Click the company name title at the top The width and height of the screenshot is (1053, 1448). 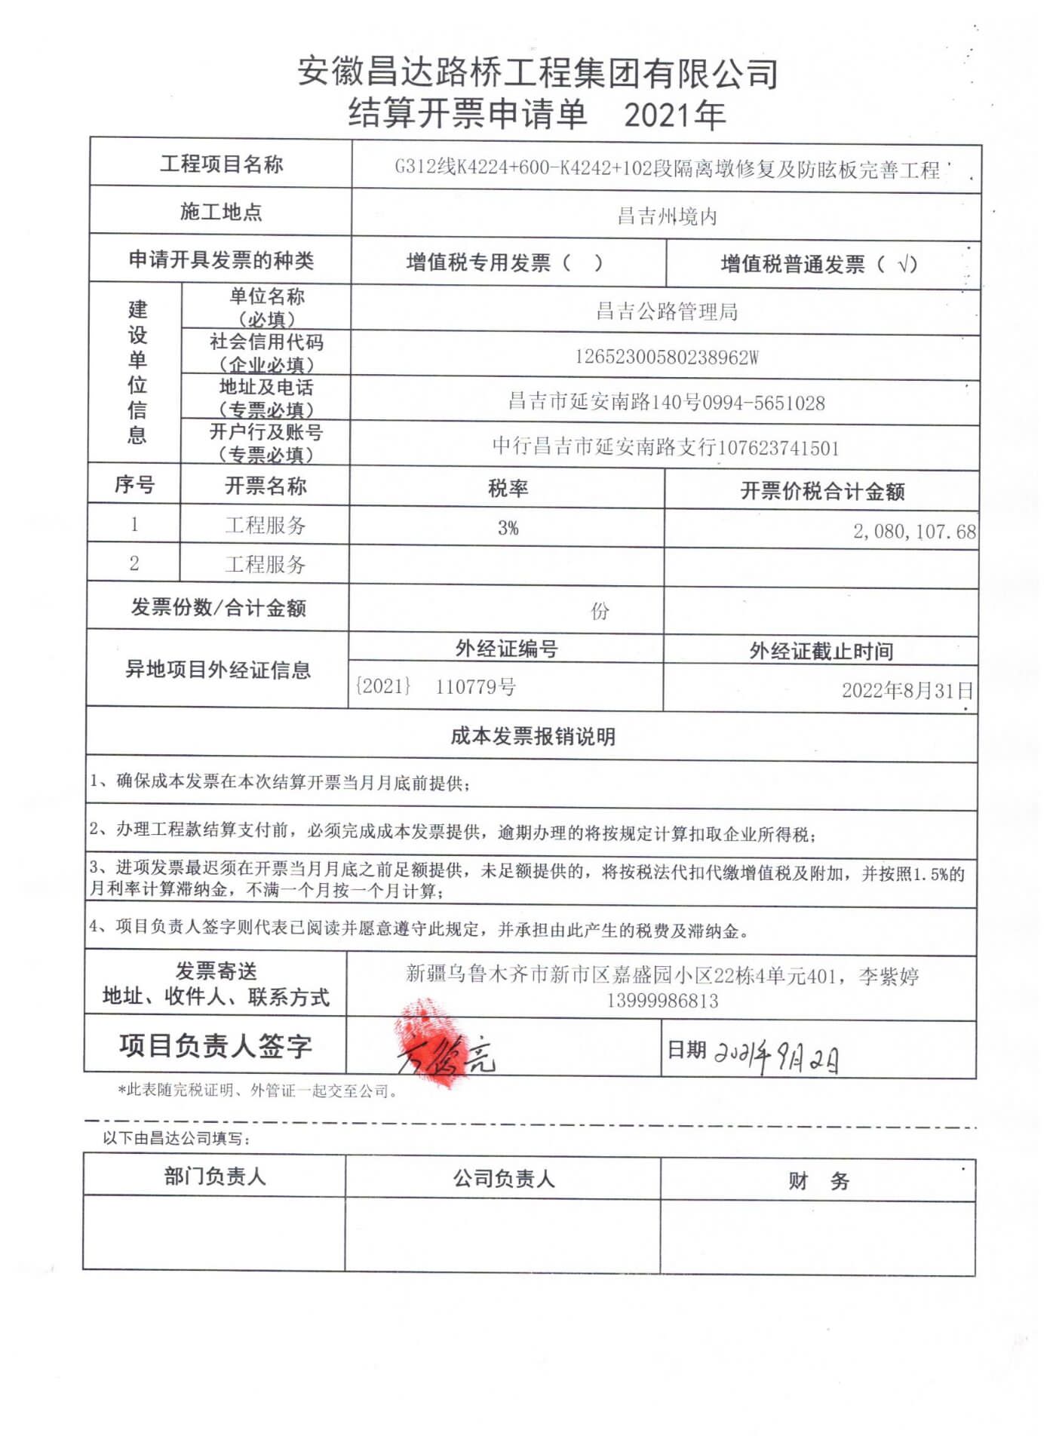[x=537, y=73]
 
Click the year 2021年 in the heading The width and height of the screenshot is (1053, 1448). [x=674, y=115]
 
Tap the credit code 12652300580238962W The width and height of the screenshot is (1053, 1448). [x=666, y=357]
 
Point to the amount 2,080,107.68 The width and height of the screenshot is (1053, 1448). [x=913, y=532]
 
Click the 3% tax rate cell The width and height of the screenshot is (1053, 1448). [x=508, y=528]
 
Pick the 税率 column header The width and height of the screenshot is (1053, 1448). [x=508, y=489]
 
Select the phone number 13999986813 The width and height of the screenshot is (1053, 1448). [x=662, y=1002]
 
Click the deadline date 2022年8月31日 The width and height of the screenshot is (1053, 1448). [x=907, y=690]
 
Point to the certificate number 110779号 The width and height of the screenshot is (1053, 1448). [x=475, y=687]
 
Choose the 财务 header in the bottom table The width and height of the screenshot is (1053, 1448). [x=818, y=1181]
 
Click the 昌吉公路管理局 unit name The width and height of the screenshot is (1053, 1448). [x=666, y=311]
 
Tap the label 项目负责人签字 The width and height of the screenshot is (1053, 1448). [x=215, y=1046]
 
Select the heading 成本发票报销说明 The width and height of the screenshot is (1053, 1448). [x=533, y=736]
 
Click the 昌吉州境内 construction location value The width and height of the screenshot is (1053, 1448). [x=666, y=217]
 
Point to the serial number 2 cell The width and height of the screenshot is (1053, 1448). [x=134, y=563]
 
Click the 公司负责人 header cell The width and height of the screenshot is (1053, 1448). [x=503, y=1179]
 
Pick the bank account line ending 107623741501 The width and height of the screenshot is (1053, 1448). [x=665, y=447]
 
